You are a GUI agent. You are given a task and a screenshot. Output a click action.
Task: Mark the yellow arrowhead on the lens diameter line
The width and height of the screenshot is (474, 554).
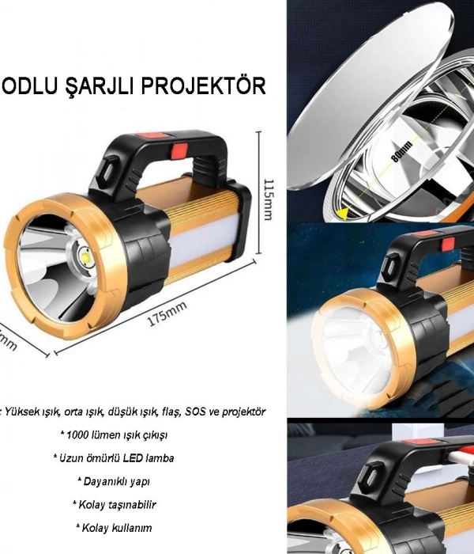[342, 212]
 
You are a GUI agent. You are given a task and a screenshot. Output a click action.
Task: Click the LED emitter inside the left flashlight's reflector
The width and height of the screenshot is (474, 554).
[85, 255]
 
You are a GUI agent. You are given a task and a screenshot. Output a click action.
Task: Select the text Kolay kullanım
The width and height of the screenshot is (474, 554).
[115, 527]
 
